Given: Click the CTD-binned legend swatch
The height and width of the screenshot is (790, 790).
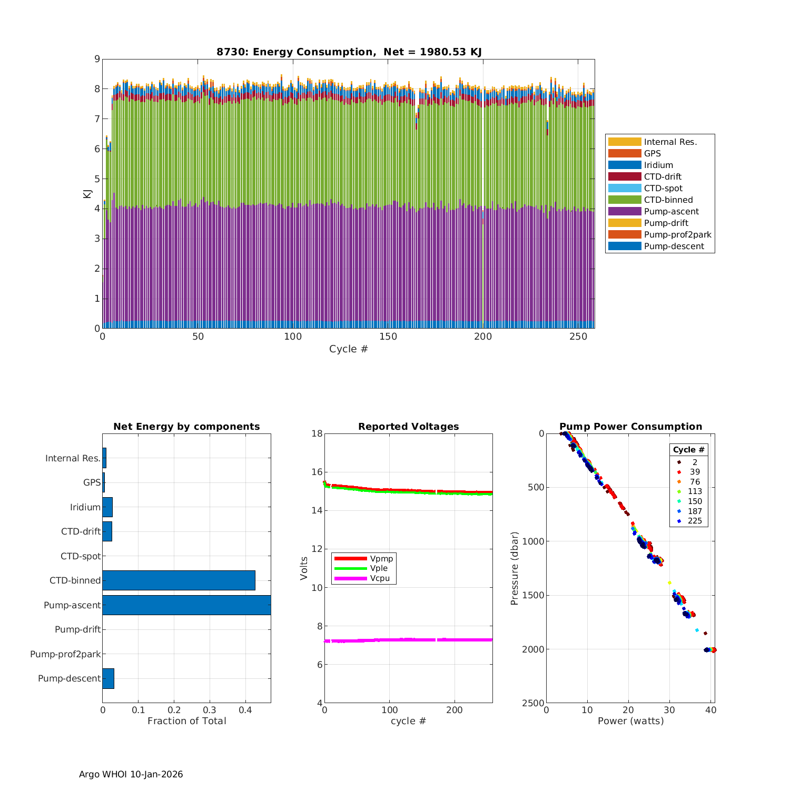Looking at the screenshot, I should (625, 200).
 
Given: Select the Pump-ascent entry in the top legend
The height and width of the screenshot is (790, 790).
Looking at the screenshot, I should (671, 211).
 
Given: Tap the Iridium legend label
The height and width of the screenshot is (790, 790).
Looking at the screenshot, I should (658, 165).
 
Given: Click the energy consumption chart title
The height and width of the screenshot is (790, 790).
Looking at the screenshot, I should (349, 52).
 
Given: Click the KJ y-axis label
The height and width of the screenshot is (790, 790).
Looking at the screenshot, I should (87, 194).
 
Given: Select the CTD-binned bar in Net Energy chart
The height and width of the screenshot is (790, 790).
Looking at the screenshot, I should (179, 580).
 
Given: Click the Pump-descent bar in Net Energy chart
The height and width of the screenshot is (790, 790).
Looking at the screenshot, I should (108, 678).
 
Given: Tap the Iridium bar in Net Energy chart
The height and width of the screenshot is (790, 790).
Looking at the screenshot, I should (107, 507).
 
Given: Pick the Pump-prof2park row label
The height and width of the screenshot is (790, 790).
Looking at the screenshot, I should (65, 654).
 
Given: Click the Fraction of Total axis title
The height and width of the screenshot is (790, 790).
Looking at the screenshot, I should (186, 721).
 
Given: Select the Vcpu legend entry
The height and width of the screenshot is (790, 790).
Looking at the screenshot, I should (381, 578).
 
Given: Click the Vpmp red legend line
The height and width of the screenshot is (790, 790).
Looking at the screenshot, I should (350, 558).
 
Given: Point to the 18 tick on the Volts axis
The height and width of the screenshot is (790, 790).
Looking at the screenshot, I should (317, 433).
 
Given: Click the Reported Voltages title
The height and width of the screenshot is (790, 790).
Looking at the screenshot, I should (408, 427).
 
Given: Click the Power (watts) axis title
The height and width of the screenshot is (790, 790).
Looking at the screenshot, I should (630, 721).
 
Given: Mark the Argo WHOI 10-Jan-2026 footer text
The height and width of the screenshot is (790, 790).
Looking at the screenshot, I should (131, 774).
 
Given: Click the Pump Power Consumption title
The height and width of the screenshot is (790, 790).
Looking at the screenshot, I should (630, 427).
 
